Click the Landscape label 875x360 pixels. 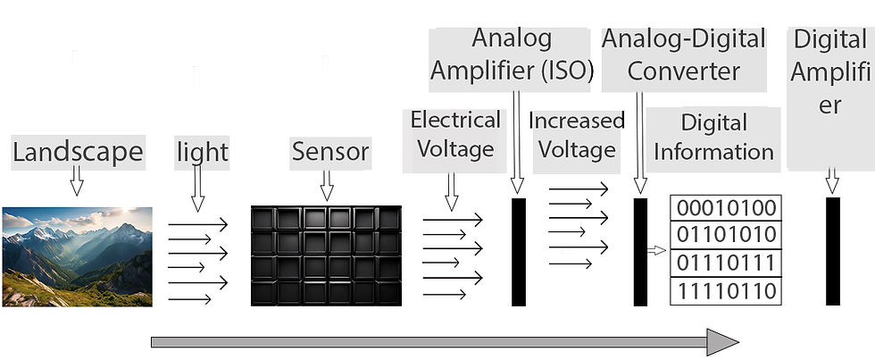(x=79, y=152)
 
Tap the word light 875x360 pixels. (x=202, y=152)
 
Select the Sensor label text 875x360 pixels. (x=330, y=152)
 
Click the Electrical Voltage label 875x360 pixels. (x=455, y=135)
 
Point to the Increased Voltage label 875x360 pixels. (x=577, y=135)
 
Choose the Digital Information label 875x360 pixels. (x=713, y=138)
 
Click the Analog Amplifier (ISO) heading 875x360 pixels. (x=512, y=54)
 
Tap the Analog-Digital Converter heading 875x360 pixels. (x=684, y=55)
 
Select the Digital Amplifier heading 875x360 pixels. (x=830, y=72)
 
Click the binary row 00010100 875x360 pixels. (x=726, y=207)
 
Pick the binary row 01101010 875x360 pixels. (x=726, y=234)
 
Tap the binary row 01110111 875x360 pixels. (x=726, y=263)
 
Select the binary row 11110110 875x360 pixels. (x=726, y=291)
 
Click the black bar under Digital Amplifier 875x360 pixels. (x=832, y=251)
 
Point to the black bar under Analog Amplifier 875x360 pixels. (x=519, y=252)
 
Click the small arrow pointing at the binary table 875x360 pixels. (x=657, y=251)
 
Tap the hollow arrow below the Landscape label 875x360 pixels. (x=77, y=180)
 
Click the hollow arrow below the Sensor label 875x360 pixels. (x=327, y=186)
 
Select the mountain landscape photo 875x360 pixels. (x=77, y=256)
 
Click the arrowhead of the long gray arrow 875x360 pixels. (x=722, y=342)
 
